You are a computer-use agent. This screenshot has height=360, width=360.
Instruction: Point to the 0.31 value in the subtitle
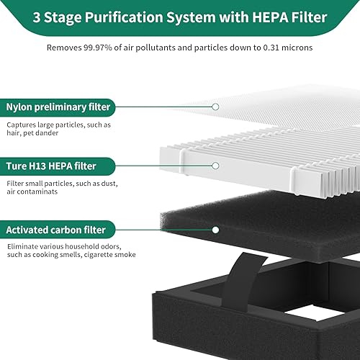click(x=256, y=48)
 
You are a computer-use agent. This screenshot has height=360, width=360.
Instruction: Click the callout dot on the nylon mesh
click(x=215, y=107)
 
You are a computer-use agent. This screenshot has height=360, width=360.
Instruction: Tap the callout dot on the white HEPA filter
click(x=215, y=166)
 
